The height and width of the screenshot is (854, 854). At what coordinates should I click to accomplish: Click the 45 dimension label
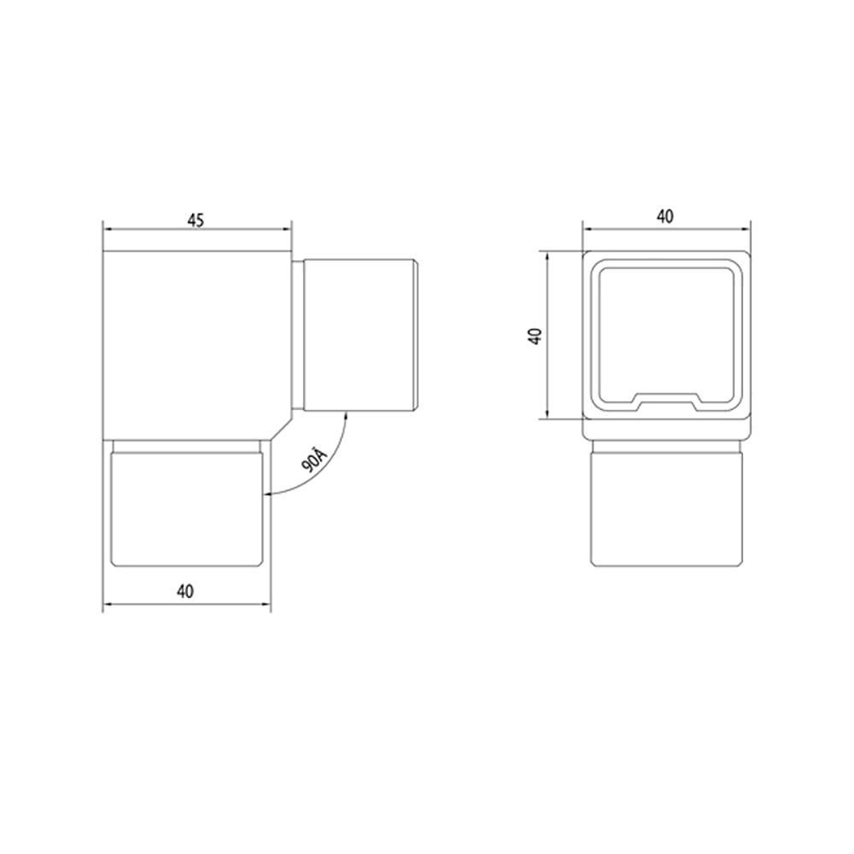pos(196,219)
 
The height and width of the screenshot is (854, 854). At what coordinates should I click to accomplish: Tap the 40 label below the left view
pos(187,591)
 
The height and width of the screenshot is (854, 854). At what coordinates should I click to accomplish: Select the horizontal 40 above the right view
pos(665,217)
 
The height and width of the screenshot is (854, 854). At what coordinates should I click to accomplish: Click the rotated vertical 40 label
pos(535,335)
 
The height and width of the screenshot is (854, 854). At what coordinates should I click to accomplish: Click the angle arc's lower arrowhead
pos(268,494)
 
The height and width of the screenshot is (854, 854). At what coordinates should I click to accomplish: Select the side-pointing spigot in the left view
pos(359,335)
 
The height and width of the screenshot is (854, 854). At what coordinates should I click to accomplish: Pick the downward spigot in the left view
pos(187,510)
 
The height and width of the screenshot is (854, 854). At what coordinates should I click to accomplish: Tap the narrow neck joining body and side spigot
pos(298,335)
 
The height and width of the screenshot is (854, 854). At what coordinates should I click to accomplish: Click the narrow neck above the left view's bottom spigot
pos(187,447)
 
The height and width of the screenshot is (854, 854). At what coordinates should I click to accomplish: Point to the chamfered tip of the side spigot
pos(418,335)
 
